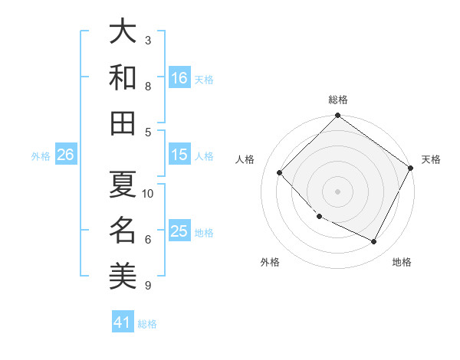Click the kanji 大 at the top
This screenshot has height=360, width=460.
click(x=123, y=31)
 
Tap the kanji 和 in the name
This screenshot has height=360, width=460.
click(x=123, y=77)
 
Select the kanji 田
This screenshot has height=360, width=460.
click(x=123, y=123)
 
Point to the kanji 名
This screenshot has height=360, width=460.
click(x=123, y=229)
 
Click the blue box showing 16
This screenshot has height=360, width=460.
click(x=179, y=78)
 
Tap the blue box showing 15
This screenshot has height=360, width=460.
click(x=179, y=155)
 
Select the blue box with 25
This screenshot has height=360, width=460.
click(x=179, y=231)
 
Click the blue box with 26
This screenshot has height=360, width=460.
click(x=65, y=155)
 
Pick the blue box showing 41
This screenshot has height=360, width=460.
click(x=123, y=323)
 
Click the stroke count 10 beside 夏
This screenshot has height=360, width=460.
click(x=149, y=193)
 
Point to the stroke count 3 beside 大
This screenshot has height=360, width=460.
click(x=148, y=40)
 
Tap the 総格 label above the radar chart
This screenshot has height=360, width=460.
click(x=338, y=100)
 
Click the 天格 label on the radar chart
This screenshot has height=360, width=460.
click(x=431, y=159)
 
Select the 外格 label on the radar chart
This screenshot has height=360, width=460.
click(x=270, y=262)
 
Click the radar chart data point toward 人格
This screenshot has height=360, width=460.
click(x=280, y=172)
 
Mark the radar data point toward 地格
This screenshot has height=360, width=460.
click(x=374, y=242)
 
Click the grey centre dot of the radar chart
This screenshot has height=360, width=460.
click(x=338, y=191)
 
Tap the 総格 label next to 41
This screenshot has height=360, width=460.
click(x=147, y=324)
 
